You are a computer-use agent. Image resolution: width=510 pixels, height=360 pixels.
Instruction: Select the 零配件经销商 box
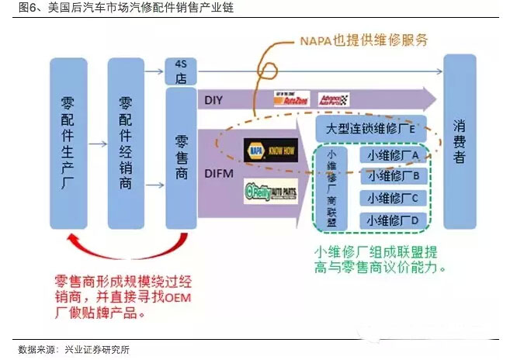(126, 143)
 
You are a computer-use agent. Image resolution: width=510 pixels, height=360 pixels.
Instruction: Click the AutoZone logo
(292, 99)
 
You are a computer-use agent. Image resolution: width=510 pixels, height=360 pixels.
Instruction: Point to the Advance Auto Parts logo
(334, 99)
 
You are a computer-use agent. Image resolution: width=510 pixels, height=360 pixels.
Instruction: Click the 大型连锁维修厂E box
(368, 126)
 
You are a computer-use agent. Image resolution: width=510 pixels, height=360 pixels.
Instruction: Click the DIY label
(214, 100)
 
